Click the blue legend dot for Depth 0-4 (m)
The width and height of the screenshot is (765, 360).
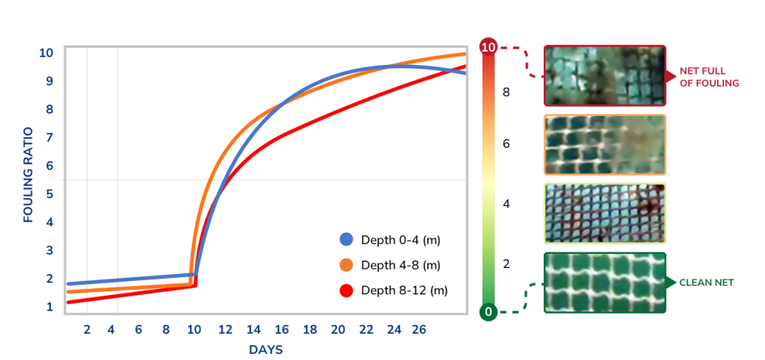tap(346, 240)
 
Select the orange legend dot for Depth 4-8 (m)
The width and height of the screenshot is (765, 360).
tap(346, 265)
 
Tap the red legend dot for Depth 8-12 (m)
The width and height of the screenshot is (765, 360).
tap(346, 291)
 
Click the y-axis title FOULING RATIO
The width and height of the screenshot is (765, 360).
tap(28, 175)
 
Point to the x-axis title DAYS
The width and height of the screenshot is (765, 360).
tap(266, 350)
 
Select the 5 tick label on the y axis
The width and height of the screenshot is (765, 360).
tap(49, 194)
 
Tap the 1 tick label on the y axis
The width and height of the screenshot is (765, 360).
tap(49, 307)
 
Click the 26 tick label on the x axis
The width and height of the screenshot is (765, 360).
tap(418, 330)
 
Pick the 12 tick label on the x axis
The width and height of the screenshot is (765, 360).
tap(226, 330)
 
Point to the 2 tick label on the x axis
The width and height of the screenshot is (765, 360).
tap(87, 330)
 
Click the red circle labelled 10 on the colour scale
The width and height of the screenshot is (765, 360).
tap(489, 48)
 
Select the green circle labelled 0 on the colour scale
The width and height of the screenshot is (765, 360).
tap(489, 311)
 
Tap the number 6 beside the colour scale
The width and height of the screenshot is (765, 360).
tap(506, 144)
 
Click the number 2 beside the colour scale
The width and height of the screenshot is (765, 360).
tap(506, 264)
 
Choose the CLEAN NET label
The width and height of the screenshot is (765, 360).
tap(707, 282)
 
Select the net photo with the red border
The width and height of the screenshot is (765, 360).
tap(605, 75)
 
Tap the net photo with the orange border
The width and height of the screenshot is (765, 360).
tap(605, 144)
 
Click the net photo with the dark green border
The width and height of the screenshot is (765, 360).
tap(605, 282)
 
